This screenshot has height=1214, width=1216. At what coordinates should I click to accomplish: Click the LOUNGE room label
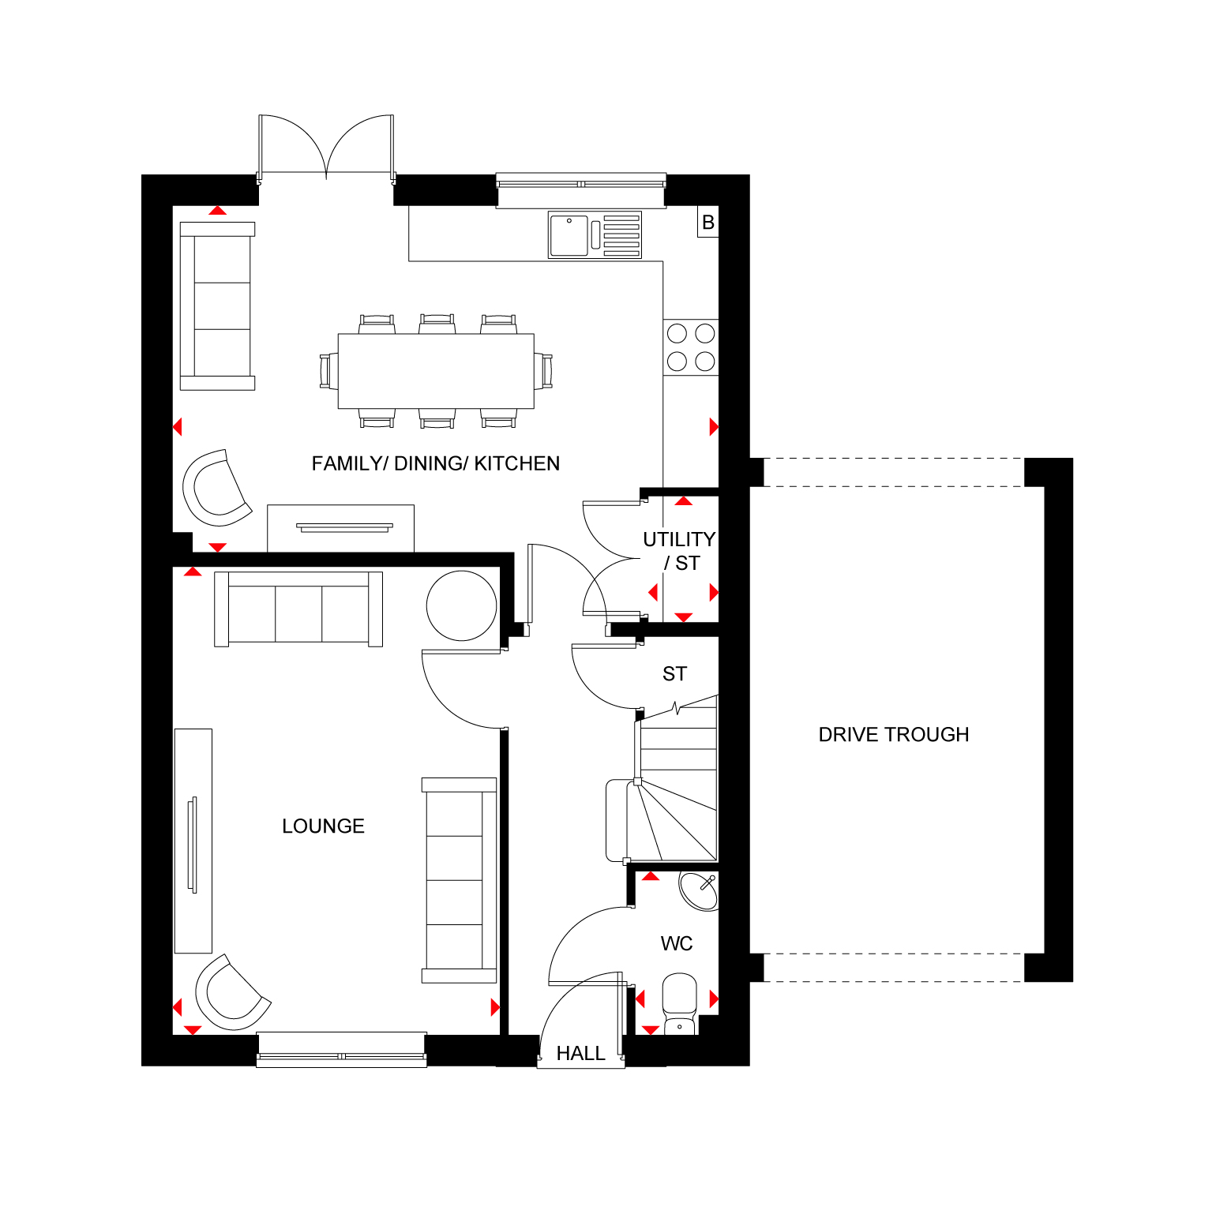323,826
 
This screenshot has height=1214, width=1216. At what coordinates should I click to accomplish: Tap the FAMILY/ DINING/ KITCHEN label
436,463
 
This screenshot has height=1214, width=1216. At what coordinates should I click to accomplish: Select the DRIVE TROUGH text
894,734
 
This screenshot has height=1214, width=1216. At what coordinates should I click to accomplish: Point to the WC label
677,943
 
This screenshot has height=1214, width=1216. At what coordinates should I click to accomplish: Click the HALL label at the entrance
580,1053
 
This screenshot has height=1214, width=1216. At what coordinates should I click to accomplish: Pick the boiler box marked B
708,223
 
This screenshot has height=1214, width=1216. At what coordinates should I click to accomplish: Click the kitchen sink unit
595,235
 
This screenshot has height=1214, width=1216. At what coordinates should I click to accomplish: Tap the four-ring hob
691,347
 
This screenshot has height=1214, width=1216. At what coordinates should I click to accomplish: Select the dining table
436,371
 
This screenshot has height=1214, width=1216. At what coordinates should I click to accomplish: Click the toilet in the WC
679,1004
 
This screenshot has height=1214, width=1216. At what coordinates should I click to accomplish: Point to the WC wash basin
700,891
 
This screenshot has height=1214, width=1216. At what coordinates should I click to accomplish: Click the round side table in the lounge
462,606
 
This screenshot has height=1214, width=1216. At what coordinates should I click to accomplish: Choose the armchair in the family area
216,488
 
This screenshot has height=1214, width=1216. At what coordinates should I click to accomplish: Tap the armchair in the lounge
231,993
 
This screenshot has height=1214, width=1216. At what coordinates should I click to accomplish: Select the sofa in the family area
217,306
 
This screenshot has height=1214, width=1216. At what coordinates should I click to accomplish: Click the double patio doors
326,147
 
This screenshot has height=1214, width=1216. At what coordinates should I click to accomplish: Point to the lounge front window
342,1050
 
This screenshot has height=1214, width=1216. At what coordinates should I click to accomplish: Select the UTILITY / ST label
679,551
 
